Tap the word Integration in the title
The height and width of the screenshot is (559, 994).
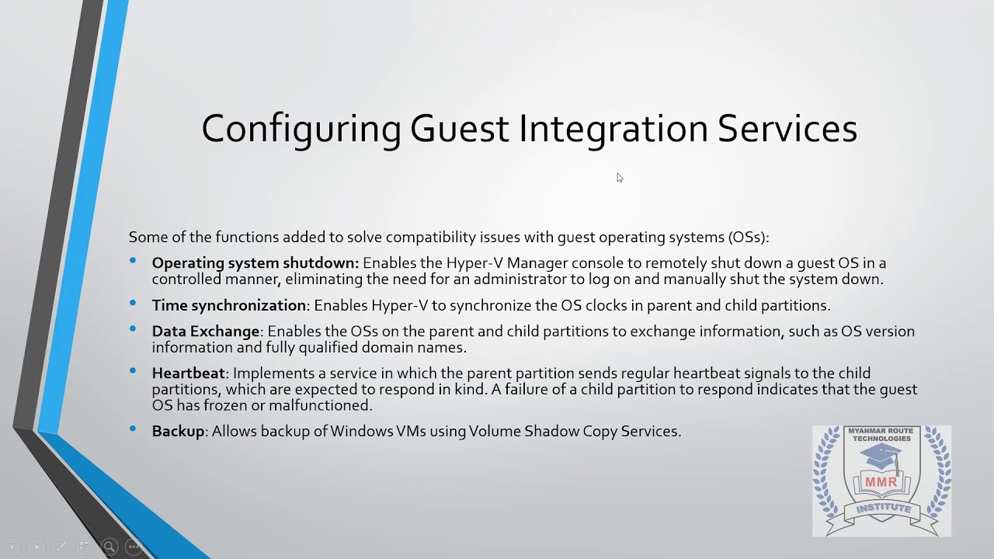tap(613, 129)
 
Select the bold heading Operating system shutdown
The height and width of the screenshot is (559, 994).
tap(255, 263)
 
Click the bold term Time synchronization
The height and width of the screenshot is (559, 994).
tap(229, 305)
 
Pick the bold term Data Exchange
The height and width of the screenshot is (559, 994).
tap(206, 332)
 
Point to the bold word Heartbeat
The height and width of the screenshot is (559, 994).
tap(189, 373)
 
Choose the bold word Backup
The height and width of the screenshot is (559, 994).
tap(179, 431)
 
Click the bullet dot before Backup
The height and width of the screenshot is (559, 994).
tap(134, 429)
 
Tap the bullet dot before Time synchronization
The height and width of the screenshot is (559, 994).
tap(134, 303)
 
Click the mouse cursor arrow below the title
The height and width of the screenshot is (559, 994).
tap(620, 178)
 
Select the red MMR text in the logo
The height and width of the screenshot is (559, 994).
tap(881, 481)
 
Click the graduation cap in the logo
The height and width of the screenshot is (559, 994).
tap(881, 457)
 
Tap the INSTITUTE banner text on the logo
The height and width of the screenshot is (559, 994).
tap(883, 509)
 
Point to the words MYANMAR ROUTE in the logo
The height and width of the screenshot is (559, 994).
tap(881, 431)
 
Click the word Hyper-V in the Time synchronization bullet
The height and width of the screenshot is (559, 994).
tap(398, 305)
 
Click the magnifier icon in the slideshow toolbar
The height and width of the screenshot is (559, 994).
tap(109, 547)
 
